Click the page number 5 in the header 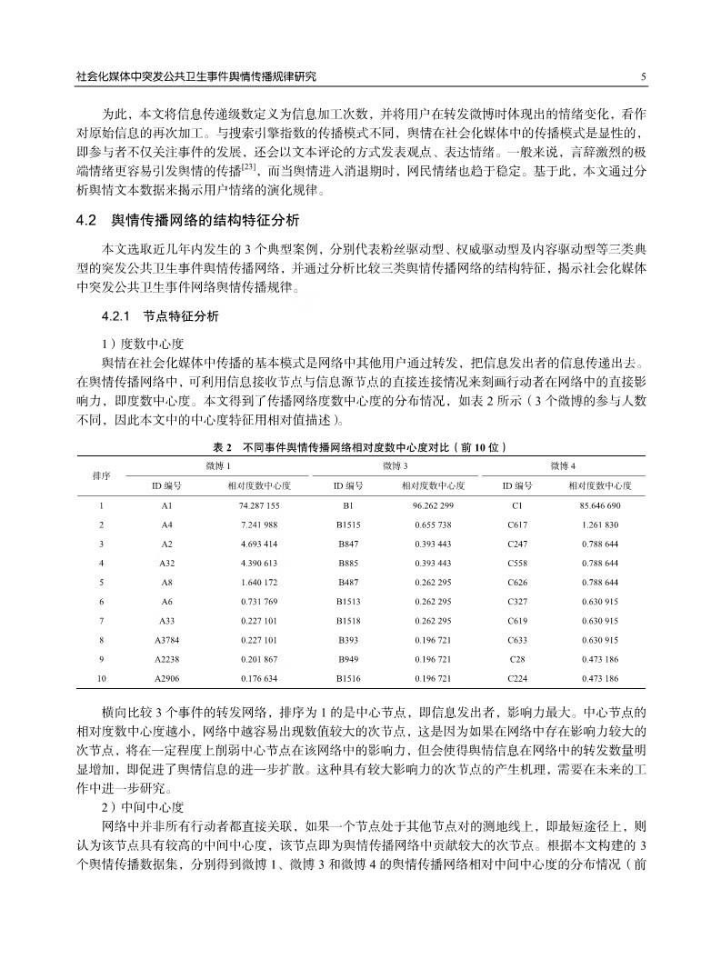click(643, 77)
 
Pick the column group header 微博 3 click(395, 465)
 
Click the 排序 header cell click(102, 475)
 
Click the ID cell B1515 click(348, 524)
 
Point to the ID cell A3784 click(167, 640)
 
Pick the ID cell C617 click(517, 524)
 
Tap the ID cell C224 click(517, 678)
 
